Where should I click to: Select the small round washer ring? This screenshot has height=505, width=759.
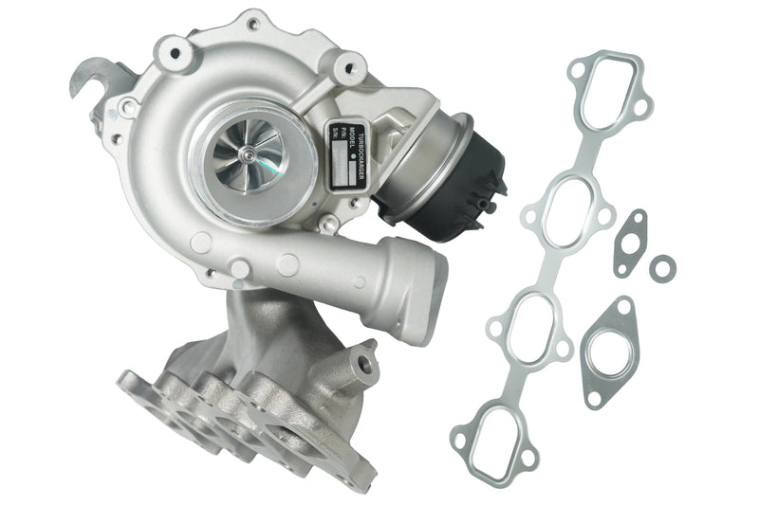click(663, 267)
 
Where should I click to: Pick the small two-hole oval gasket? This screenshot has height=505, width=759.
click(629, 243)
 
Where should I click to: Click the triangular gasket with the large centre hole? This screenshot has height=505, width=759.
click(609, 347)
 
